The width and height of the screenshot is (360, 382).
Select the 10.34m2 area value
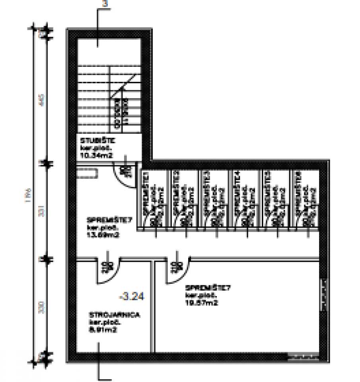coord(95,156)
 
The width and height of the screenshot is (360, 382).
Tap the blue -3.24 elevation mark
coord(131,296)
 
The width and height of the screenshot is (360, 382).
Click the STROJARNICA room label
coord(108,315)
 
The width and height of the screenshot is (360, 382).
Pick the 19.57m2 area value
coord(201,303)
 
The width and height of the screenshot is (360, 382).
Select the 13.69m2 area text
coord(101,234)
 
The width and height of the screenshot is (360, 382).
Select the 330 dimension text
coord(39,307)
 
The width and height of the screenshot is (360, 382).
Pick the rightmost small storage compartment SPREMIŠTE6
coord(304,199)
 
